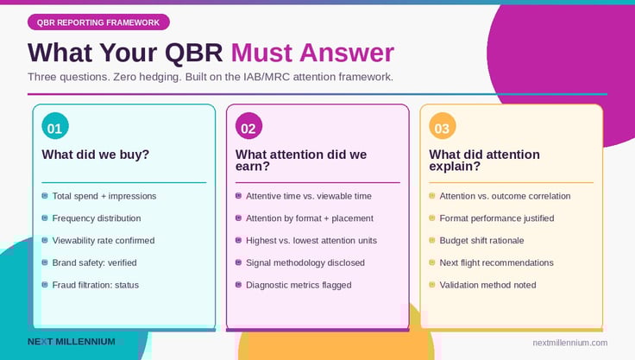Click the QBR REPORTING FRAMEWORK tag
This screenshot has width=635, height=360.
pyautogui.click(x=98, y=22)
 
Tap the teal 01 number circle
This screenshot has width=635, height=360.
pyautogui.click(x=54, y=129)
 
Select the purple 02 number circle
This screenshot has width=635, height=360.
pyautogui.click(x=248, y=129)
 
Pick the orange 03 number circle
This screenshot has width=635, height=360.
pyautogui.click(x=442, y=129)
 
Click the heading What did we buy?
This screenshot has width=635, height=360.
pyautogui.click(x=96, y=155)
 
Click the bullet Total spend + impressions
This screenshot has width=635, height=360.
pyautogui.click(x=104, y=196)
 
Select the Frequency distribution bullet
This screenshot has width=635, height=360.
pyautogui.click(x=96, y=218)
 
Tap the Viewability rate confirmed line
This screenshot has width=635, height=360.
pyautogui.click(x=103, y=241)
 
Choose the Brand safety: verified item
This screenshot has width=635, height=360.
pyautogui.click(x=94, y=262)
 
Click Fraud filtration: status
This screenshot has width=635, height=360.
pyautogui.click(x=95, y=285)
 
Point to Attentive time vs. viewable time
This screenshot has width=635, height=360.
pyautogui.click(x=308, y=196)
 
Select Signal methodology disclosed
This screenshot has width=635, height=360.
pyautogui.click(x=305, y=262)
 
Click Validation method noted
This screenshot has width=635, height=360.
pyautogui.click(x=487, y=285)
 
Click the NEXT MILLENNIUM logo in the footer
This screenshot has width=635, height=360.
pyautogui.click(x=71, y=342)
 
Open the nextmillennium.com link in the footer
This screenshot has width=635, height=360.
pyautogui.click(x=570, y=343)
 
